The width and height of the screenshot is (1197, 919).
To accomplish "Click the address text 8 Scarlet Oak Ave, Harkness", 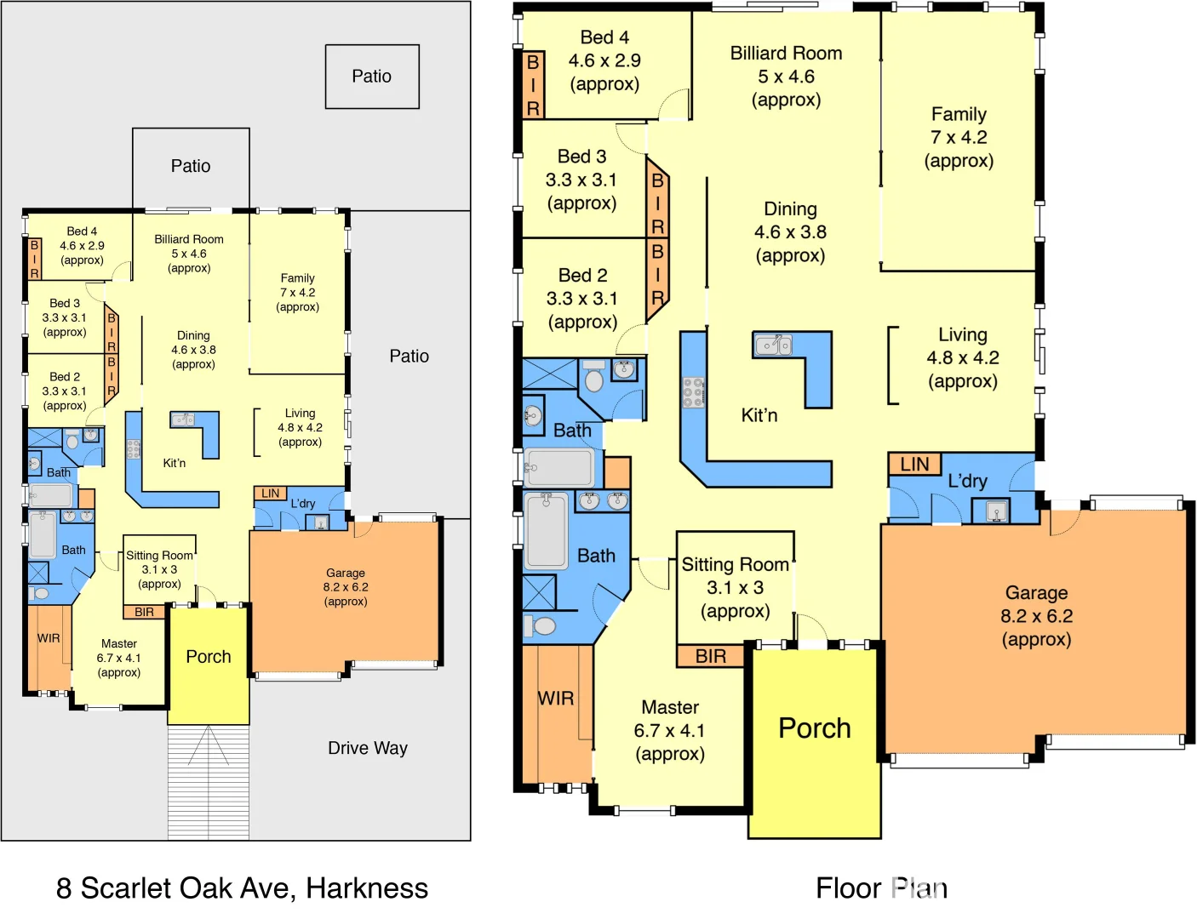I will tap(242, 888).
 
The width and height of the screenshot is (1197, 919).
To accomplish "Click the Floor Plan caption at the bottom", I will tap(881, 888).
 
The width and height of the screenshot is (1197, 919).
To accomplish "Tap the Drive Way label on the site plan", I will tap(368, 748).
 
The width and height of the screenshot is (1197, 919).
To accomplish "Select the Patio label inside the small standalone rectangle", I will tap(372, 77).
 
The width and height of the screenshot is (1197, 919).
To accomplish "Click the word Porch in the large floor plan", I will tap(815, 728).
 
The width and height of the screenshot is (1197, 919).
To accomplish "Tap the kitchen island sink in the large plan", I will tap(773, 345).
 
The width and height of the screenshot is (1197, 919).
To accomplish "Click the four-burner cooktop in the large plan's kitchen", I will tap(693, 392).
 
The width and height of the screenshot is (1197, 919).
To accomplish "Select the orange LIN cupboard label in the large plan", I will tap(914, 464).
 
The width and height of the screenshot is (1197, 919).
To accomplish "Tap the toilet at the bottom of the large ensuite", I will tap(540, 626).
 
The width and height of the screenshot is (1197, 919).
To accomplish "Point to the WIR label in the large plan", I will tap(555, 699).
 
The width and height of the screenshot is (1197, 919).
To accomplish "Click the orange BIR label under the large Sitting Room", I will tap(711, 656).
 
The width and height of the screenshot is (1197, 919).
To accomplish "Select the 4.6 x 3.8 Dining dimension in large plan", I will tap(790, 232).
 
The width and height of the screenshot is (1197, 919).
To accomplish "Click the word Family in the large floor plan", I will tap(959, 114).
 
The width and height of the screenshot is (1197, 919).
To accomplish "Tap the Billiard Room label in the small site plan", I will tap(189, 240).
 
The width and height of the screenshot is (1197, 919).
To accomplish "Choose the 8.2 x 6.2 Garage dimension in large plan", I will tap(1036, 616).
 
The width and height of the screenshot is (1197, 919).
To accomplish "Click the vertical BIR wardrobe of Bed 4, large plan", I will tap(533, 84).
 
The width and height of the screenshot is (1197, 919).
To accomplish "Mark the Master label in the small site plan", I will tap(119, 644).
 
